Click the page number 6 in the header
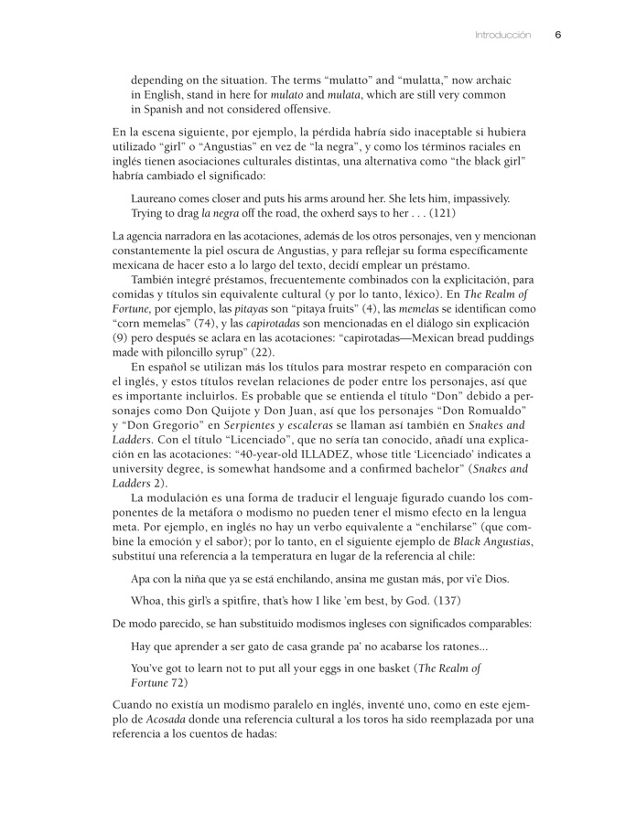pos(558,35)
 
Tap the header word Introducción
pos(502,35)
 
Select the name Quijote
pos(217,411)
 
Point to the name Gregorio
pos(179,425)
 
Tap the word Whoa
pos(148,601)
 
